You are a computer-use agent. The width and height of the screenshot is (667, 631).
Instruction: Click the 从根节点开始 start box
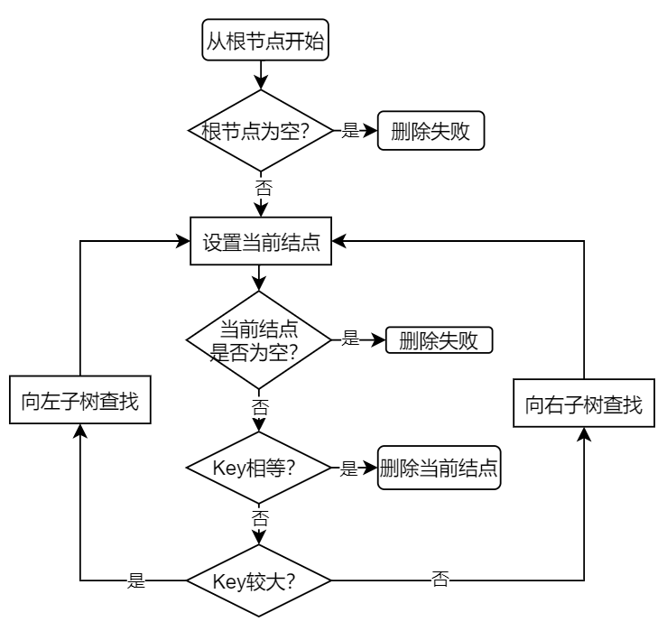[260, 42]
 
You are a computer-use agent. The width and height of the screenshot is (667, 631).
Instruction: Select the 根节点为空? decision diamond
[260, 131]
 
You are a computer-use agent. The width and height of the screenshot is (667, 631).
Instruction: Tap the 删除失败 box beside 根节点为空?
[431, 131]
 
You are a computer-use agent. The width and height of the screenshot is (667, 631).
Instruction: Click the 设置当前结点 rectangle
[260, 242]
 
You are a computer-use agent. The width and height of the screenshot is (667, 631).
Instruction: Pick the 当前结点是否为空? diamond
[260, 340]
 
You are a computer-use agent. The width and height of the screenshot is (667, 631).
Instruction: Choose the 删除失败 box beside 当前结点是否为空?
[440, 340]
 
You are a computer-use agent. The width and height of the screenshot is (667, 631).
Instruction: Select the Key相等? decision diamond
[260, 468]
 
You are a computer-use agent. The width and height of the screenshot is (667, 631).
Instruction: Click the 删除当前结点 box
[440, 468]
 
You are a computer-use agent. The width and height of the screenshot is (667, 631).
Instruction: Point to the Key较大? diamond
[260, 579]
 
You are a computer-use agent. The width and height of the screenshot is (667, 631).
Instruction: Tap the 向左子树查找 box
[79, 401]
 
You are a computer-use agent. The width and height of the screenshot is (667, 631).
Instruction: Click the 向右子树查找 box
[584, 404]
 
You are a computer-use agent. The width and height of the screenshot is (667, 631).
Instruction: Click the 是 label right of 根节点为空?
[351, 131]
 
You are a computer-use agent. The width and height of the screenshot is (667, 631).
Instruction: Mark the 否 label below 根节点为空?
[260, 189]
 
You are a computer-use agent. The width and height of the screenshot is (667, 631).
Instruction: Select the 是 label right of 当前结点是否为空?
[351, 340]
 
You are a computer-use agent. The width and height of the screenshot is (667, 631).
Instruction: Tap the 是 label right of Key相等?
[351, 468]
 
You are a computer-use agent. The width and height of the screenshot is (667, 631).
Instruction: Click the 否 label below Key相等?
[260, 519]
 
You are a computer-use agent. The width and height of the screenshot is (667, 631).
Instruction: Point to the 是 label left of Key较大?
[137, 580]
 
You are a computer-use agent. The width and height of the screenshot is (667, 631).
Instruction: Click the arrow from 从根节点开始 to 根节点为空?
[260, 73]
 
